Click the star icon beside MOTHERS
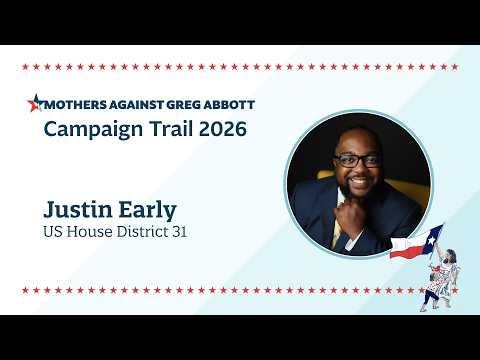pos(36,103)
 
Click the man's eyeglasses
pos(357,160)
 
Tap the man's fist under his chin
pos(349,212)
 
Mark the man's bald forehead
pos(359,141)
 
